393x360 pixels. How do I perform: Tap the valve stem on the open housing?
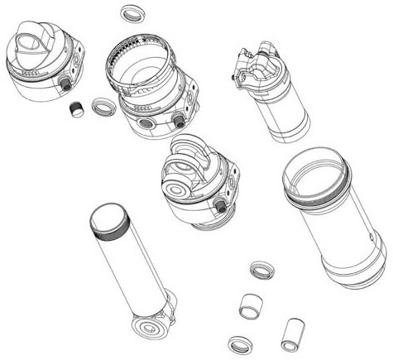(178, 121)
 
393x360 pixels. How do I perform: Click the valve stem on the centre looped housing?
(220, 203)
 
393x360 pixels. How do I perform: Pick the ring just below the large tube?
(261, 270)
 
